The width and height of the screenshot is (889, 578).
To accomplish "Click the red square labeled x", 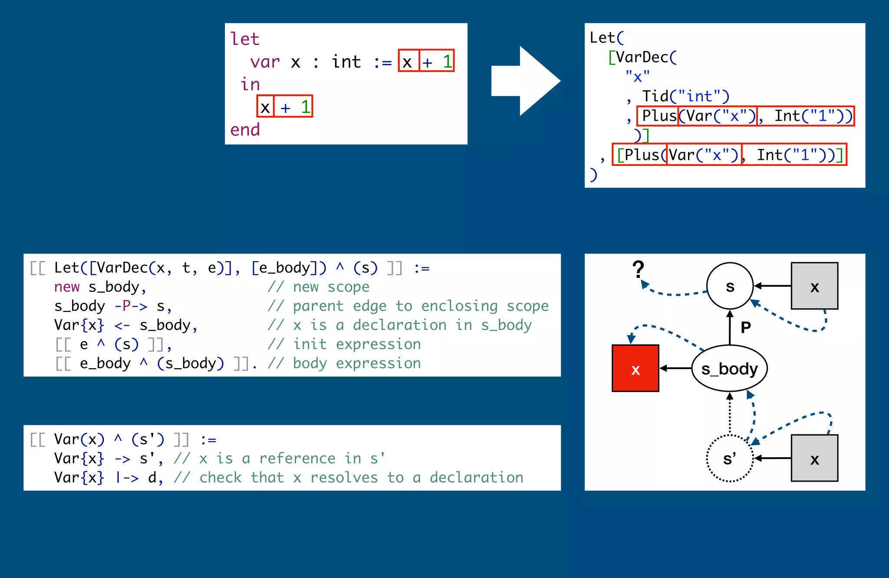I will (x=635, y=368).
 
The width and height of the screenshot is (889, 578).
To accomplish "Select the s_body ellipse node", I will (x=729, y=368).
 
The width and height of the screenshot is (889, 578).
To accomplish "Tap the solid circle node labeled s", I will (x=730, y=286).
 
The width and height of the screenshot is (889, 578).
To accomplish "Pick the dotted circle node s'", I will (x=729, y=458).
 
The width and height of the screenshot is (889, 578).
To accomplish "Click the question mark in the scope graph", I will (x=638, y=269).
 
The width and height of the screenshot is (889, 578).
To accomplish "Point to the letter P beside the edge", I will (x=746, y=327).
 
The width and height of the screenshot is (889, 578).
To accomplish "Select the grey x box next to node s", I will (x=814, y=286).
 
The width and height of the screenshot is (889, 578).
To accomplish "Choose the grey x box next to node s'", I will (x=814, y=458).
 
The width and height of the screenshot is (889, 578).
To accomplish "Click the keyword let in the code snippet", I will (x=245, y=39).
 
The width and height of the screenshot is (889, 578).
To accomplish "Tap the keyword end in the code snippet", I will (x=245, y=129).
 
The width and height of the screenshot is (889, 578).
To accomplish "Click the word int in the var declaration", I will (x=346, y=62).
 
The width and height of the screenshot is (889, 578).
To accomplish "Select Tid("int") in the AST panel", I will (x=685, y=96).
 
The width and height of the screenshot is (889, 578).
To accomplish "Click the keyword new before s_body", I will (x=67, y=287).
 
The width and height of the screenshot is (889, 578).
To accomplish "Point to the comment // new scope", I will (x=318, y=287).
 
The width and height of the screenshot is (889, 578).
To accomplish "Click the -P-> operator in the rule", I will (x=131, y=306).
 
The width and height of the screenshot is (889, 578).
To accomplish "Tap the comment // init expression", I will (x=344, y=344).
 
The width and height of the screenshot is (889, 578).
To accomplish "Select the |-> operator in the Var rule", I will (x=127, y=478).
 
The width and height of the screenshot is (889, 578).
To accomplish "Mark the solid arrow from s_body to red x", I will (x=675, y=368).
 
